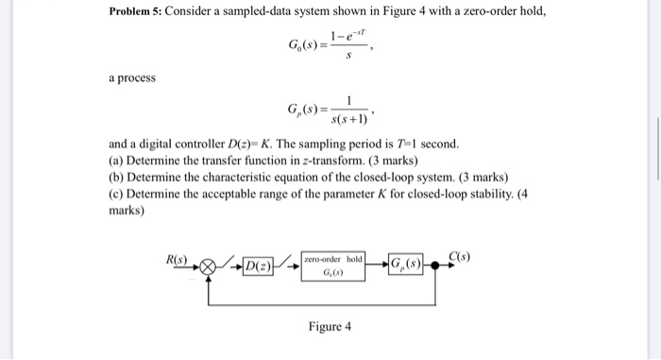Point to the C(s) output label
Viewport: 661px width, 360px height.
tap(461, 257)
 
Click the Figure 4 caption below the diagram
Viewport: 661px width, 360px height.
tap(330, 327)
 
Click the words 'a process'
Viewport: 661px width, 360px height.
tap(132, 75)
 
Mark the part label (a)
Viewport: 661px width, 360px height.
tap(116, 161)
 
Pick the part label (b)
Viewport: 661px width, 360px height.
tap(116, 177)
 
